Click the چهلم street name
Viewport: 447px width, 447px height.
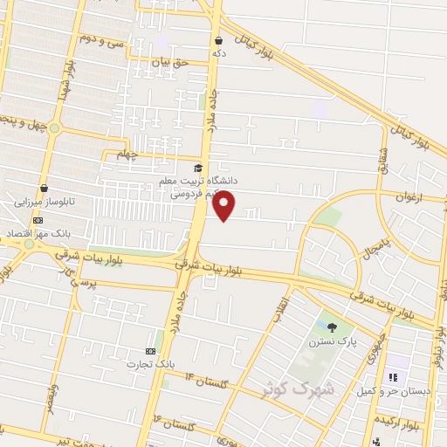128,155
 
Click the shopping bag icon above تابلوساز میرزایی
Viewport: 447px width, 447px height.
44,187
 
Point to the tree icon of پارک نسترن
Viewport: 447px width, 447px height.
333,327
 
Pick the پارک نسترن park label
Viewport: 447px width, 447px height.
327,342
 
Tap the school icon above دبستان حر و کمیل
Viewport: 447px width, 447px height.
393,377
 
